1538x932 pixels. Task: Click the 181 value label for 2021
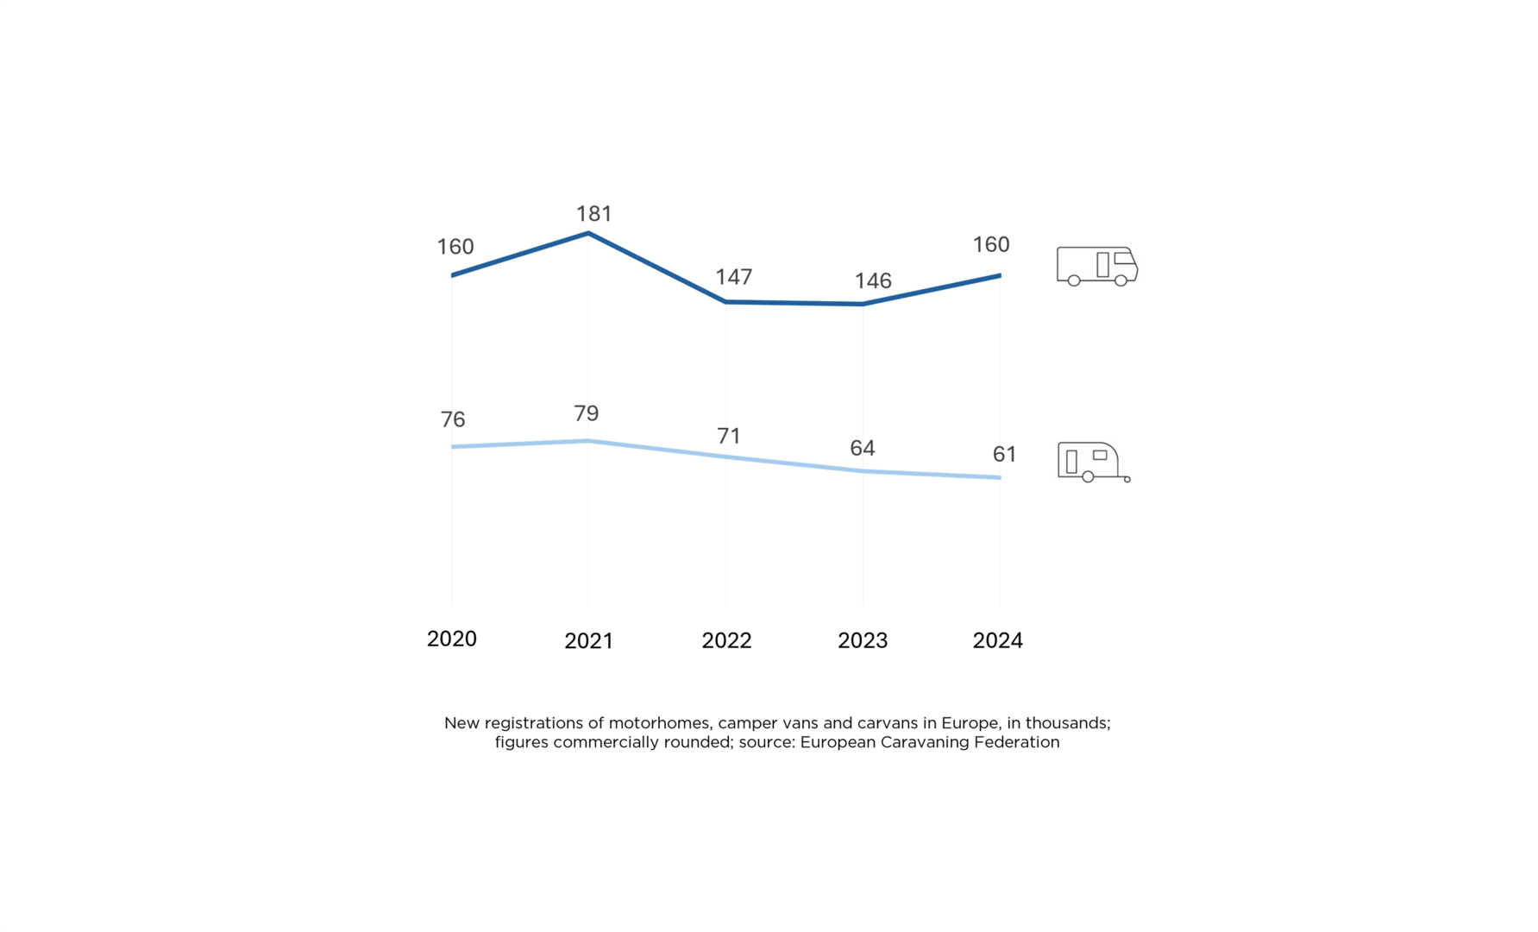pyautogui.click(x=593, y=213)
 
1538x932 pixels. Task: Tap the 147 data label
pyautogui.click(x=733, y=276)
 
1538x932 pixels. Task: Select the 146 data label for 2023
pyautogui.click(x=872, y=280)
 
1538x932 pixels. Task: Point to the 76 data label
pyautogui.click(x=453, y=419)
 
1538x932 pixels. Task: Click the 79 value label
pyautogui.click(x=587, y=413)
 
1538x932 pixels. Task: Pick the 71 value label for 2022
pyautogui.click(x=729, y=436)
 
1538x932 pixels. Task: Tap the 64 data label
pyautogui.click(x=862, y=448)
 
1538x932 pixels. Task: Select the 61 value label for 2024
pyautogui.click(x=1004, y=454)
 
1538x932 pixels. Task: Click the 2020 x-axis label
pyautogui.click(x=451, y=639)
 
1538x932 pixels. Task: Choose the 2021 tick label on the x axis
pyautogui.click(x=588, y=640)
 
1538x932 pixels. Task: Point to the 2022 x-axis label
pyautogui.click(x=726, y=640)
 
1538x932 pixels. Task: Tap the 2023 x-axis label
pyautogui.click(x=863, y=640)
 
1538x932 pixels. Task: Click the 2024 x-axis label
pyautogui.click(x=997, y=640)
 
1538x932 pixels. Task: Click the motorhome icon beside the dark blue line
pyautogui.click(x=1096, y=266)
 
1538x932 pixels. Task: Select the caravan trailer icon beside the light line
pyautogui.click(x=1093, y=462)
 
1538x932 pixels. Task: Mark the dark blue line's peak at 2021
pyautogui.click(x=588, y=233)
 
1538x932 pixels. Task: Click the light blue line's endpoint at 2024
pyautogui.click(x=1000, y=477)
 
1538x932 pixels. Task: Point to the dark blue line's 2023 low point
pyautogui.click(x=863, y=304)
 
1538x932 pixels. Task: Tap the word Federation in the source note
pyautogui.click(x=1016, y=742)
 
